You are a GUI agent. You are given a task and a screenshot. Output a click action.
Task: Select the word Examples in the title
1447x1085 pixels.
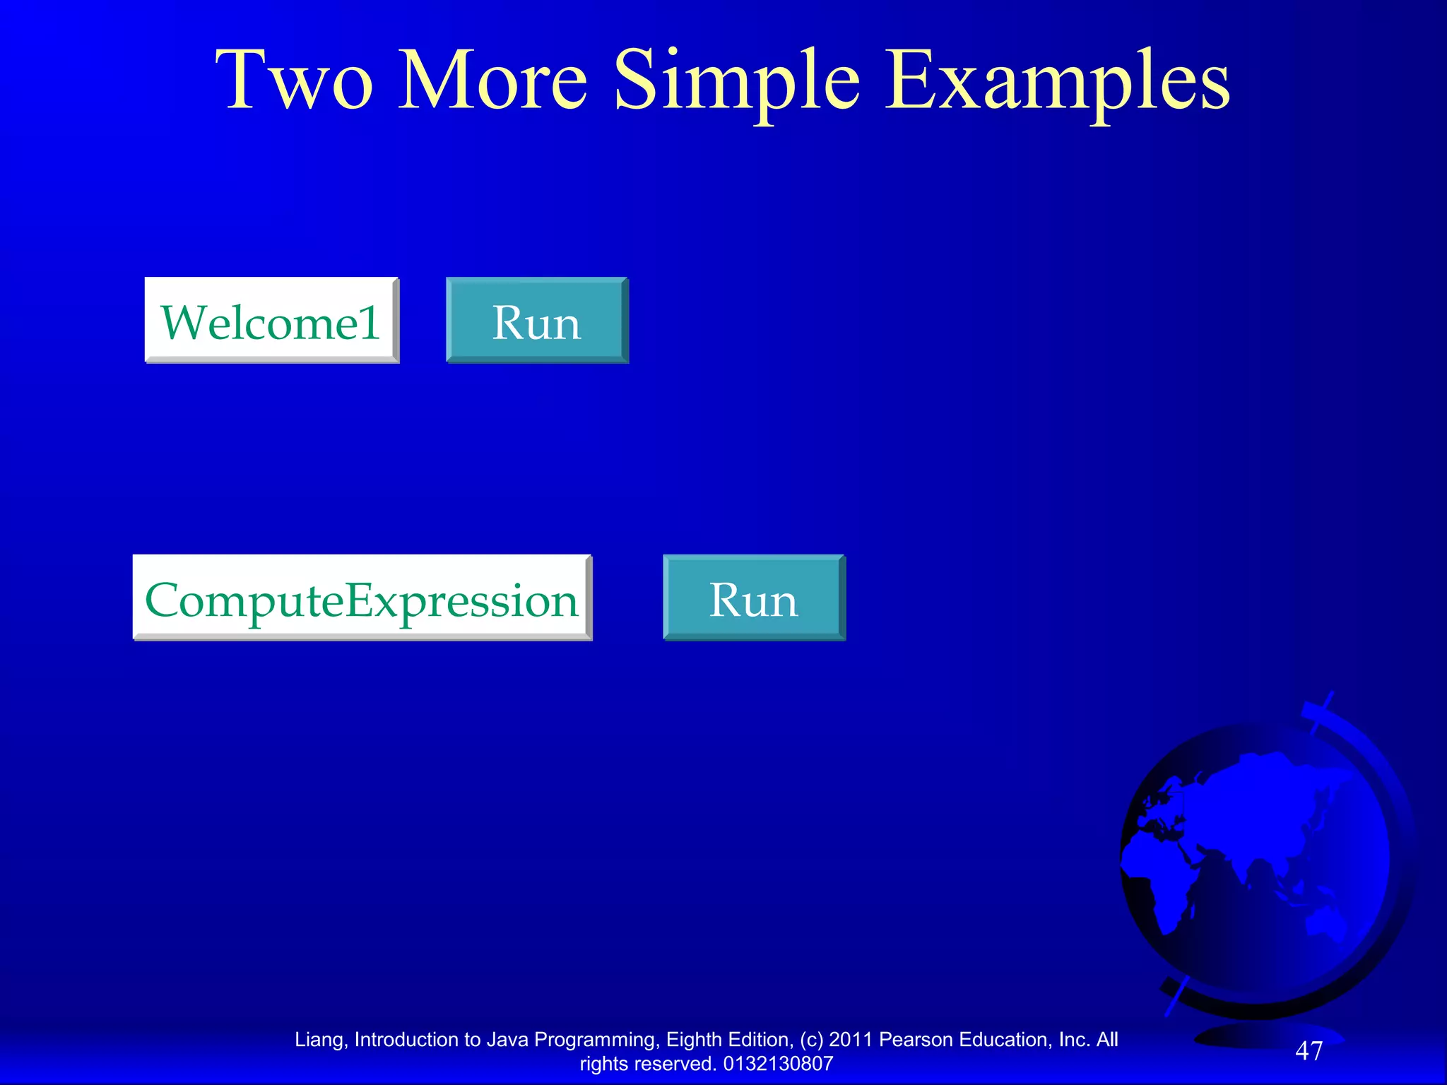click(1057, 82)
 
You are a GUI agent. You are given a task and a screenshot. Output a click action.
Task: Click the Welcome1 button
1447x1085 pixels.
click(271, 320)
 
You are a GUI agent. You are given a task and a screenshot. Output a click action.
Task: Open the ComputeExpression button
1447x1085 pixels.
click(362, 598)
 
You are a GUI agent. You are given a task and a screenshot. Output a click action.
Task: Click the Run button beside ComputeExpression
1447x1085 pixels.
click(753, 598)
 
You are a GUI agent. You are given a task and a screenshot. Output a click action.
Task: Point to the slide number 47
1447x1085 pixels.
click(1309, 1051)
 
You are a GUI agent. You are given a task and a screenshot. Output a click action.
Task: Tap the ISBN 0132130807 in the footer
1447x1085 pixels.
click(779, 1064)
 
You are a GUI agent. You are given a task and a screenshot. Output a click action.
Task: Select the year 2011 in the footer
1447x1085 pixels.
click(851, 1040)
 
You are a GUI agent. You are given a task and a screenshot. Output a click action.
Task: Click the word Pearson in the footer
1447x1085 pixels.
click(916, 1040)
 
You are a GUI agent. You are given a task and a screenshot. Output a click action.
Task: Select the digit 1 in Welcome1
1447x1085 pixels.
click(370, 322)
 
